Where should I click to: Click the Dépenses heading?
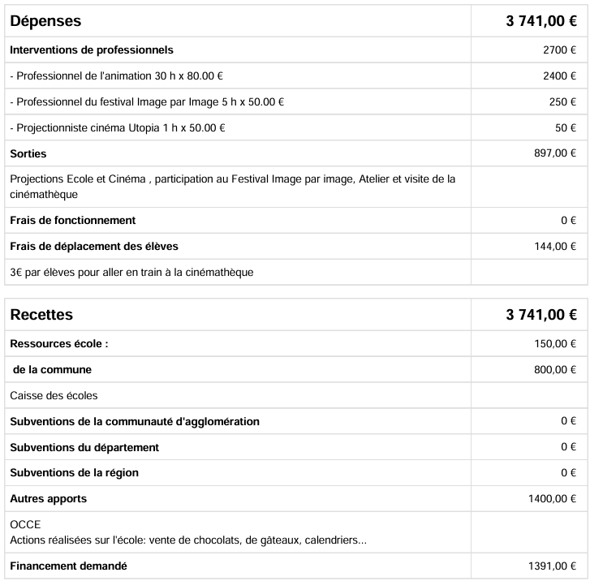click(45, 21)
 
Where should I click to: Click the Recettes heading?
click(41, 315)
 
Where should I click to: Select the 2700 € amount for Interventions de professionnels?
click(559, 50)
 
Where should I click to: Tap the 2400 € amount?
click(559, 76)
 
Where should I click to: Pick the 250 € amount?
click(562, 102)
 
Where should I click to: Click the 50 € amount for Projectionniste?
click(566, 128)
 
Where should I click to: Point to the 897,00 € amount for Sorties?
click(555, 153)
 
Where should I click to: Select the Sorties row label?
click(28, 153)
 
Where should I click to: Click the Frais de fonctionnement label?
click(72, 221)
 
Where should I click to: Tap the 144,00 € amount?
click(555, 247)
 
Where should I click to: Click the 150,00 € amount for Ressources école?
click(555, 344)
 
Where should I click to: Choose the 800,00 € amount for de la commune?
click(555, 370)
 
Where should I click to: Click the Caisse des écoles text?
click(54, 396)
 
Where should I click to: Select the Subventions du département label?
click(84, 447)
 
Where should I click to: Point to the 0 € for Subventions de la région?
click(568, 473)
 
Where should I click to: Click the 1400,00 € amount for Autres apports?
click(552, 499)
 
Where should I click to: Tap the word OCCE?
click(25, 525)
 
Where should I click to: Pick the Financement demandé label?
click(68, 566)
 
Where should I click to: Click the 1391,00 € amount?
click(552, 566)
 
